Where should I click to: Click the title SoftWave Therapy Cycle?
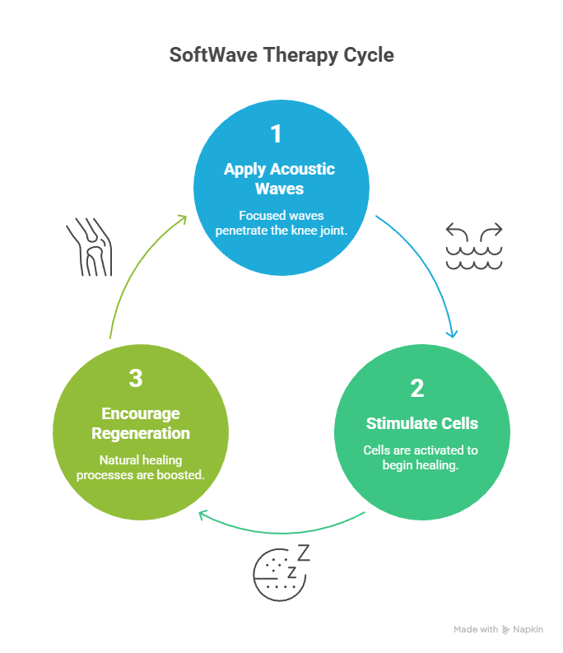click(281, 56)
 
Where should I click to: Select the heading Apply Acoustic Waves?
click(280, 179)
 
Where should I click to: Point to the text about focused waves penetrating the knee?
click(281, 223)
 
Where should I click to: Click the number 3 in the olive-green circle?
click(136, 378)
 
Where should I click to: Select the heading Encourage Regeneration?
click(140, 423)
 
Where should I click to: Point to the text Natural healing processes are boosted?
click(140, 468)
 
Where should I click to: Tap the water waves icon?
click(474, 247)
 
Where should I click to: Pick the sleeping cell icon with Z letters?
click(280, 570)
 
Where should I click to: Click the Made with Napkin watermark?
click(499, 630)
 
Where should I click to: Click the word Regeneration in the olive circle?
click(140, 433)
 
